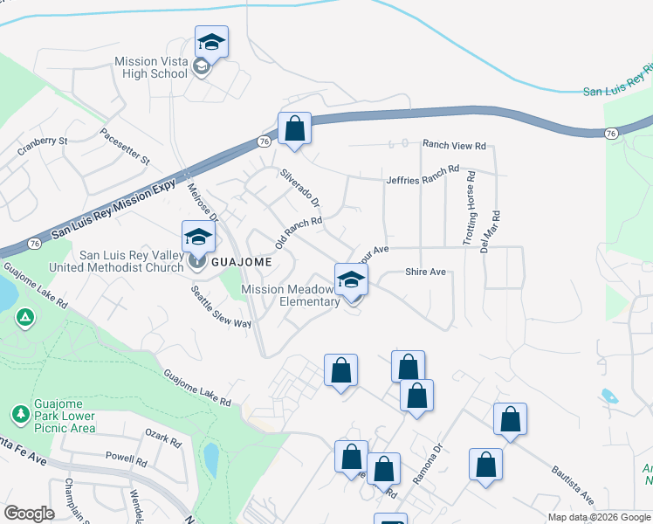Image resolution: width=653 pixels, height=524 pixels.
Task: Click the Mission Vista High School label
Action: point(151,67)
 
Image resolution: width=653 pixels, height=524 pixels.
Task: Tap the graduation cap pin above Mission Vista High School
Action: point(211,42)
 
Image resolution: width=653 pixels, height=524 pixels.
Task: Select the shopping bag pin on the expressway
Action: point(295,129)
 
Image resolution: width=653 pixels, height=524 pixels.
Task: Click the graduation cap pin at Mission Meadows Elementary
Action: point(351,280)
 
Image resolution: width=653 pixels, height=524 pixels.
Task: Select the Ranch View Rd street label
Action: point(454,146)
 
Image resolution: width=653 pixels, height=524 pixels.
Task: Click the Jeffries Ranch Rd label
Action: point(422,175)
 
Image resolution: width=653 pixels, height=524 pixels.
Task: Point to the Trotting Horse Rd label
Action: point(470,207)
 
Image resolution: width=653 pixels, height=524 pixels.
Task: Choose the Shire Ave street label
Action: point(425,272)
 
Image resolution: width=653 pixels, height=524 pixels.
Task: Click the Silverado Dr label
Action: point(299,187)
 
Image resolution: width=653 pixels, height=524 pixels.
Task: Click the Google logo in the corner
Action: point(29,514)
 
